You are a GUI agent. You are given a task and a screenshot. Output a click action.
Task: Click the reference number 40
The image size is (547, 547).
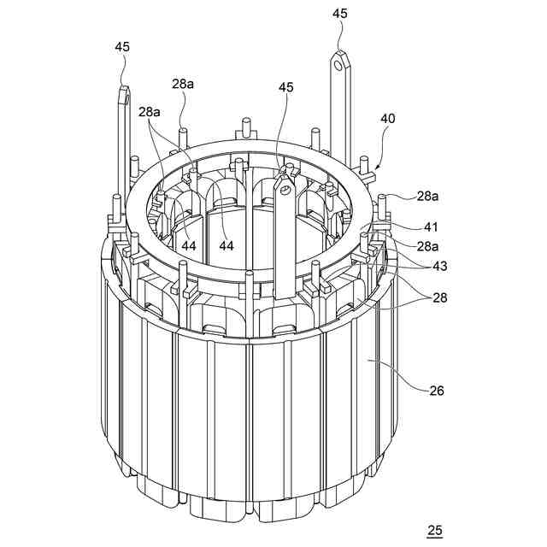(x=387, y=119)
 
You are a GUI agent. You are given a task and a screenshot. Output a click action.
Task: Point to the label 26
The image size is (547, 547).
(x=437, y=392)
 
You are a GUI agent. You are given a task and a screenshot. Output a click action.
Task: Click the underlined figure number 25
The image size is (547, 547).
(x=434, y=531)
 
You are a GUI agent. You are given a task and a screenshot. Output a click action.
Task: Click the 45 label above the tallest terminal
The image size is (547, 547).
(x=340, y=13)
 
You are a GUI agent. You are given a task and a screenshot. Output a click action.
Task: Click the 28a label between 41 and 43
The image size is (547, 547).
(x=429, y=246)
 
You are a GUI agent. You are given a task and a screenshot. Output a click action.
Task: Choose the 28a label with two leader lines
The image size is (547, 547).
(x=150, y=112)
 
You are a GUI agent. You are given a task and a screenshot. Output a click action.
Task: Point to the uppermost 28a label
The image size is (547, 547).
(x=183, y=83)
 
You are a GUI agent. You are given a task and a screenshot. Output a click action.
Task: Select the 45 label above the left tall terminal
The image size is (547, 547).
(x=122, y=47)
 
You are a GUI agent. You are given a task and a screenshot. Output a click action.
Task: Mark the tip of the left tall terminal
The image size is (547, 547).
(x=124, y=87)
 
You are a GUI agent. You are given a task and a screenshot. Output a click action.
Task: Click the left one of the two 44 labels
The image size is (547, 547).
(x=188, y=245)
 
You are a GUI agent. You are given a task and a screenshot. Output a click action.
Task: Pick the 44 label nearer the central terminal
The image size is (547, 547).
(x=226, y=245)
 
